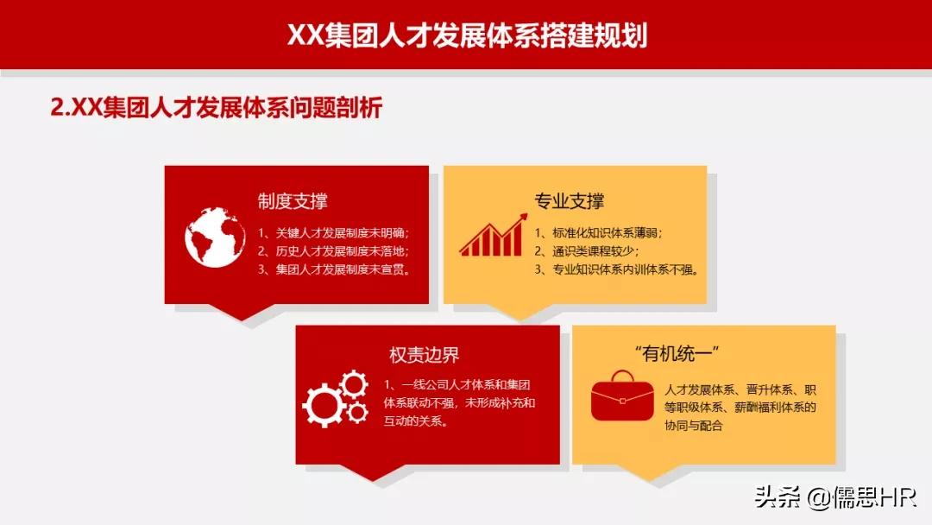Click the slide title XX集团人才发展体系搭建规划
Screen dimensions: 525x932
click(x=466, y=35)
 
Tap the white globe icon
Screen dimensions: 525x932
click(x=215, y=237)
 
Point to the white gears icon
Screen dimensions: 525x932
click(x=335, y=398)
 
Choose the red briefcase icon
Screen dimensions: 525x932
click(x=622, y=396)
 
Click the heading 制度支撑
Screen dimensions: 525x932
click(x=293, y=201)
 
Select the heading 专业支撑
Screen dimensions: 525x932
click(x=570, y=201)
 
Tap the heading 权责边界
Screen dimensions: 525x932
click(x=424, y=355)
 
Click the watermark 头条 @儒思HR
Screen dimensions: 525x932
click(x=834, y=497)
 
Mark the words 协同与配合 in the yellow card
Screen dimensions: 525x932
click(x=694, y=426)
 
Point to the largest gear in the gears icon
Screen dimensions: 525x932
click(x=324, y=405)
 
